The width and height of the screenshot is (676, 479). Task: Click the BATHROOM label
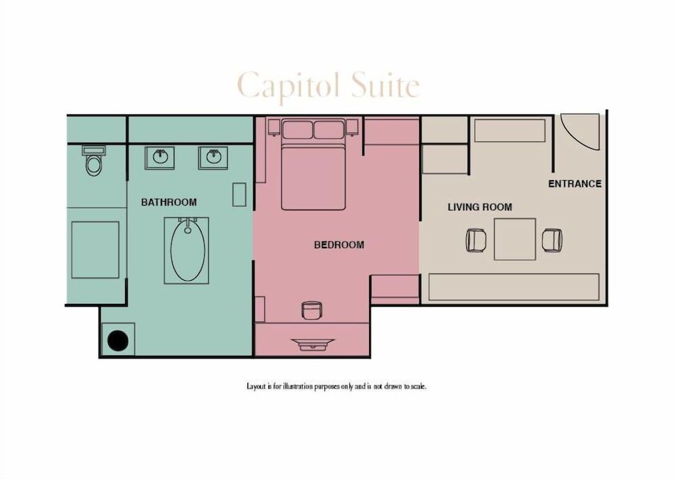point(169,202)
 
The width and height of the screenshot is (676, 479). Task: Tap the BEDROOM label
point(339,245)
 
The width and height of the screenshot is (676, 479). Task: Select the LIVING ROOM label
point(479,207)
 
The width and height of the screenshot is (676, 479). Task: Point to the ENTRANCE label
point(575,183)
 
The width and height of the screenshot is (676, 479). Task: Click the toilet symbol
point(94,162)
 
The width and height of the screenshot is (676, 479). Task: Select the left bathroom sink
point(160,158)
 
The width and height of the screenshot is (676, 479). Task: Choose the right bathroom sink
point(214,158)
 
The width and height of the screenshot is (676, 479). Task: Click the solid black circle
point(118,340)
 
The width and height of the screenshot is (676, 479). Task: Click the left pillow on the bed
point(297,129)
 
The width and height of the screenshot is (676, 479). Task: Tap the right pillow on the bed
point(329,129)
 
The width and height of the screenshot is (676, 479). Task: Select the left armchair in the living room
point(476,239)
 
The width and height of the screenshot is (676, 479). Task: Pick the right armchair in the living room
point(552,239)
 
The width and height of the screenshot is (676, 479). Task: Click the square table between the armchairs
point(514,239)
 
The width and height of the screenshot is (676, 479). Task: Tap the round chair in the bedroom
point(311,310)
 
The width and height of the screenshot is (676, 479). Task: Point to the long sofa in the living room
point(514,287)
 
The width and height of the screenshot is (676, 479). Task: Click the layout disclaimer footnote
point(337,386)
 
